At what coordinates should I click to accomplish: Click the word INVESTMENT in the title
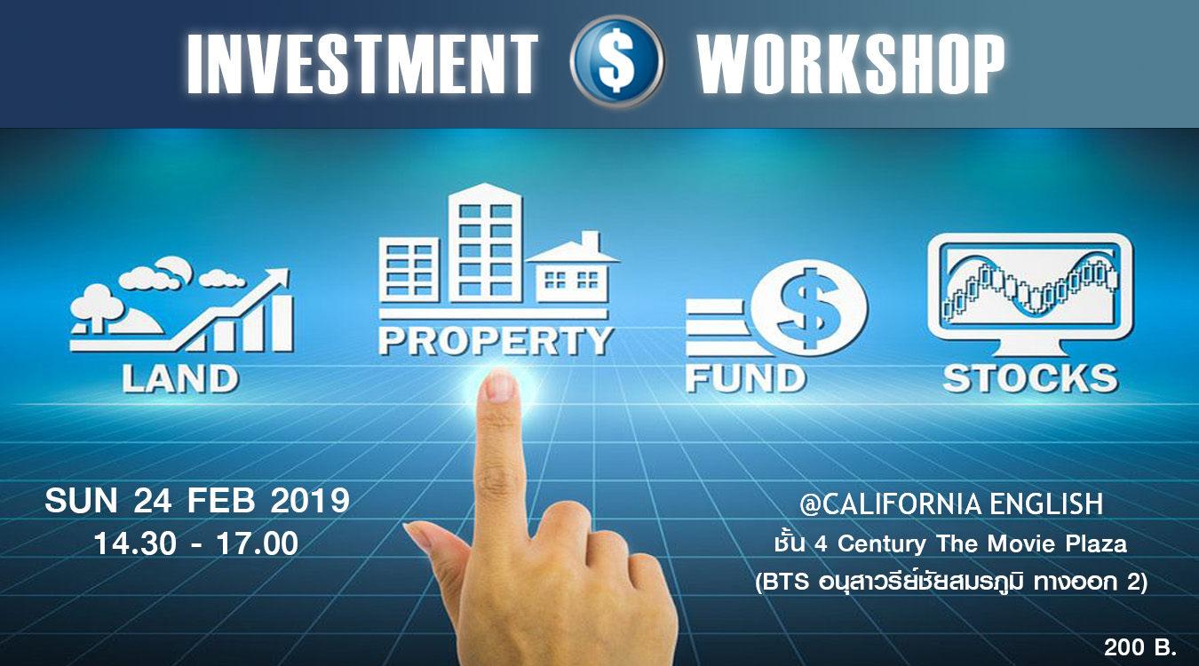pos(362,64)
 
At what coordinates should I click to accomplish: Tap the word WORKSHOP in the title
pos(851,64)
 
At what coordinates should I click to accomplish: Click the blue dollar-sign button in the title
pos(616,61)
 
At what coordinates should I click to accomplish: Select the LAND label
pos(180,379)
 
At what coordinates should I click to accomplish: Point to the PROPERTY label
pos(496,341)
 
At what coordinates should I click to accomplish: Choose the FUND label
pos(746,378)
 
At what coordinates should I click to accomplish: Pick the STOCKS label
pos(1030,378)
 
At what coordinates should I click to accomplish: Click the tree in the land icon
pos(96,306)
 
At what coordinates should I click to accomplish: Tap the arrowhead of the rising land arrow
pos(277,279)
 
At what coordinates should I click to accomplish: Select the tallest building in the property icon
pos(486,243)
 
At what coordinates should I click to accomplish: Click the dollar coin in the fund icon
pos(809,308)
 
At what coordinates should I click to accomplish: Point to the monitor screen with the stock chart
pos(1030,287)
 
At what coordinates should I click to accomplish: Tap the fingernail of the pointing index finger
pos(500,386)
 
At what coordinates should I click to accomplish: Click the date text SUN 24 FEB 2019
pos(197,501)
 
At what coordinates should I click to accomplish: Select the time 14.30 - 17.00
pos(196,544)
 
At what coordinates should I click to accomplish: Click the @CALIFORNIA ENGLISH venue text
pos(951,504)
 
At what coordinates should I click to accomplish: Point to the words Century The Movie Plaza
pos(982,544)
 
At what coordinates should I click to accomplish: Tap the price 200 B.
pos(1140,647)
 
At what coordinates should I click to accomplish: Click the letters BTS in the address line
pos(787,582)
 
